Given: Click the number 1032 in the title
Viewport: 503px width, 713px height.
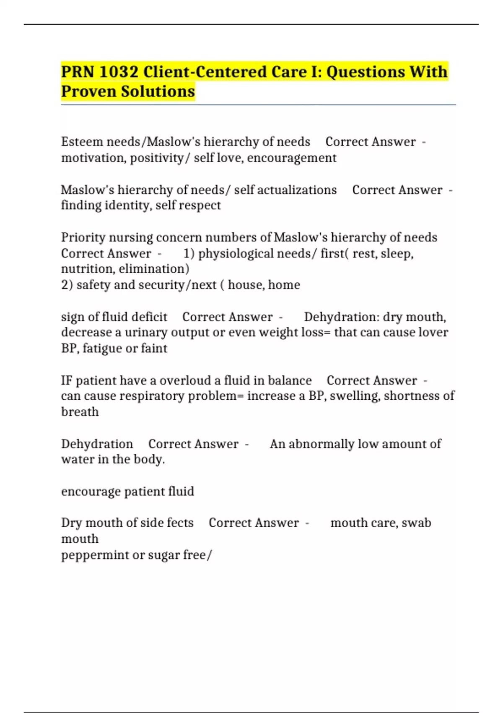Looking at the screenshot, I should point(119,72).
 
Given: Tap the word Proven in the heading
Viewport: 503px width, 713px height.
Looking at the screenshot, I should point(88,91).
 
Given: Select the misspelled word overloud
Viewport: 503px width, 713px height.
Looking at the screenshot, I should point(185,380).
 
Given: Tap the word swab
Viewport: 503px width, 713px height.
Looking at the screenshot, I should point(416,523).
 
